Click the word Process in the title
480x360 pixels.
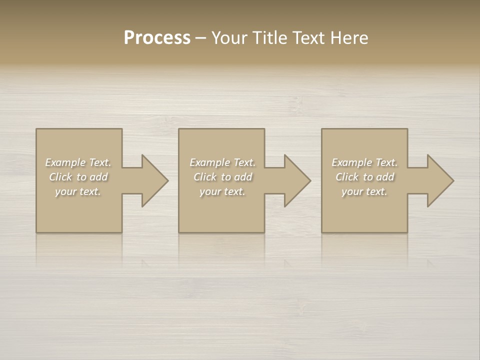tap(157, 38)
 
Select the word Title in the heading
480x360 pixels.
tap(269, 38)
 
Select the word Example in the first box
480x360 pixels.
tap(65, 162)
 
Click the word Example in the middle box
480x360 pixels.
tap(210, 162)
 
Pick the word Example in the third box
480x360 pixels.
tap(352, 162)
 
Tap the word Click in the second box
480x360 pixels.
tap(205, 177)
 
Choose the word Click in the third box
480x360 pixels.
tap(347, 177)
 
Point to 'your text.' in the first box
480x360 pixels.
tap(78, 191)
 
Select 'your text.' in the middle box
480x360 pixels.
tap(222, 191)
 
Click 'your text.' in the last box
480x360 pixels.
tap(364, 191)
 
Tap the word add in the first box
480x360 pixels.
tap(98, 177)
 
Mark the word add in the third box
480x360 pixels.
tap(385, 177)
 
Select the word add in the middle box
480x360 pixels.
tap(243, 177)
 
